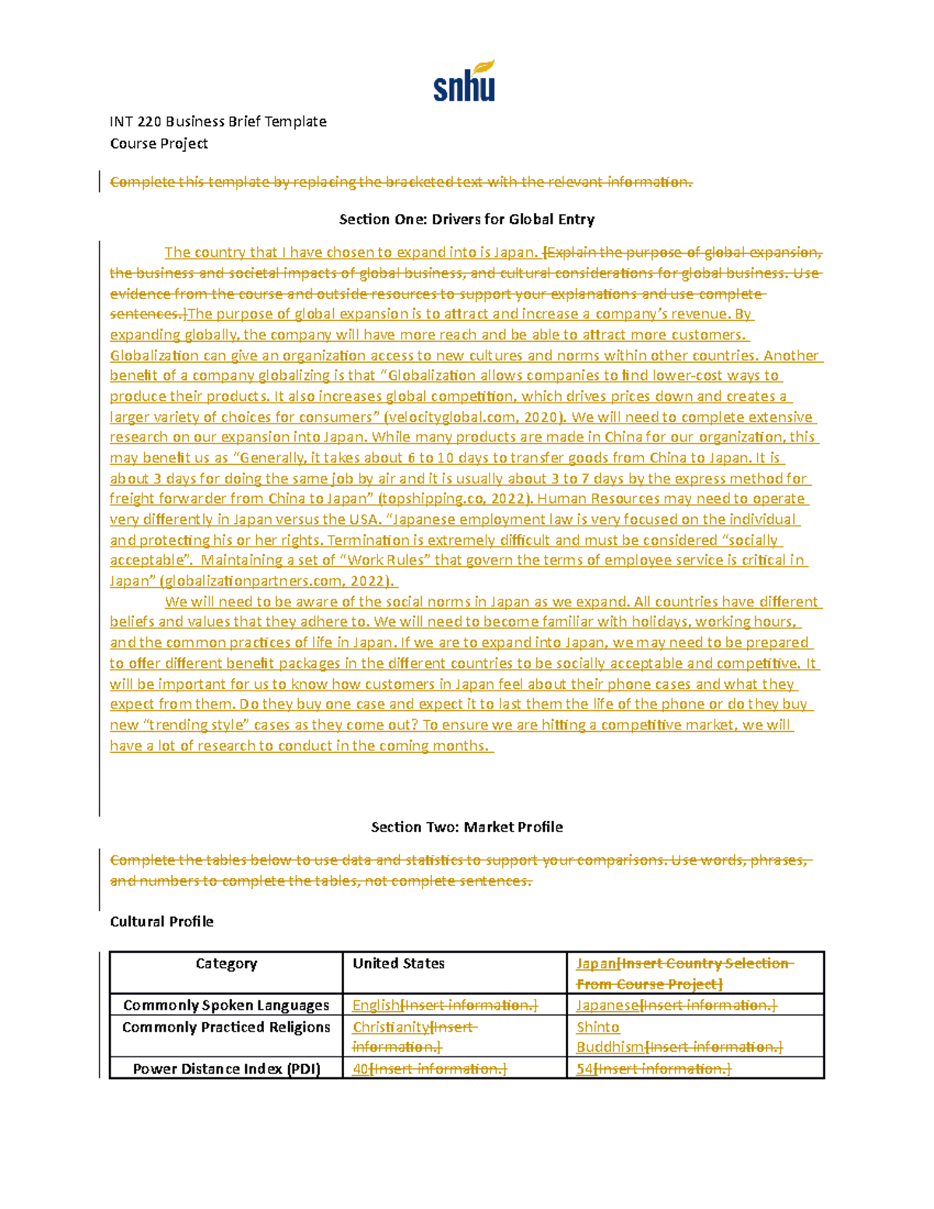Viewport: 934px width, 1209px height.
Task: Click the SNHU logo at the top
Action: point(465,82)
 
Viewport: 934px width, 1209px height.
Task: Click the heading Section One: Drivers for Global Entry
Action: point(466,220)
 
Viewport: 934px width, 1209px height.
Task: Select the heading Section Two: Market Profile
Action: point(466,827)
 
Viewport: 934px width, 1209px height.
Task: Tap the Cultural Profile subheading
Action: point(161,922)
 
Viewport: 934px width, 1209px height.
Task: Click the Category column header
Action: point(226,964)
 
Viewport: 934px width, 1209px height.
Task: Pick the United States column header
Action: point(399,964)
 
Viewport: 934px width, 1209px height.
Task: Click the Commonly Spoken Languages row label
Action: point(226,1005)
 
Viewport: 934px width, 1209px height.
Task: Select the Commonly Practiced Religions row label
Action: point(226,1028)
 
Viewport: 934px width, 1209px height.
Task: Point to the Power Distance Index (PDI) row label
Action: point(226,1069)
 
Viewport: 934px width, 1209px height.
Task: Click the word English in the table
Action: point(376,1005)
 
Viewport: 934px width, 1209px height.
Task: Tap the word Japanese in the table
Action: point(607,1005)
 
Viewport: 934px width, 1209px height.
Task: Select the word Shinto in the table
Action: point(598,1028)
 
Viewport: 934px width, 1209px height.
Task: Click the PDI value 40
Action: point(360,1069)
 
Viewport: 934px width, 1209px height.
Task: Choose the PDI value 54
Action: point(585,1069)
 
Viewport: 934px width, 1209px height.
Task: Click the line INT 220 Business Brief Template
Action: point(218,121)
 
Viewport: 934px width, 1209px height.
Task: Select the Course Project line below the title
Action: point(159,143)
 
